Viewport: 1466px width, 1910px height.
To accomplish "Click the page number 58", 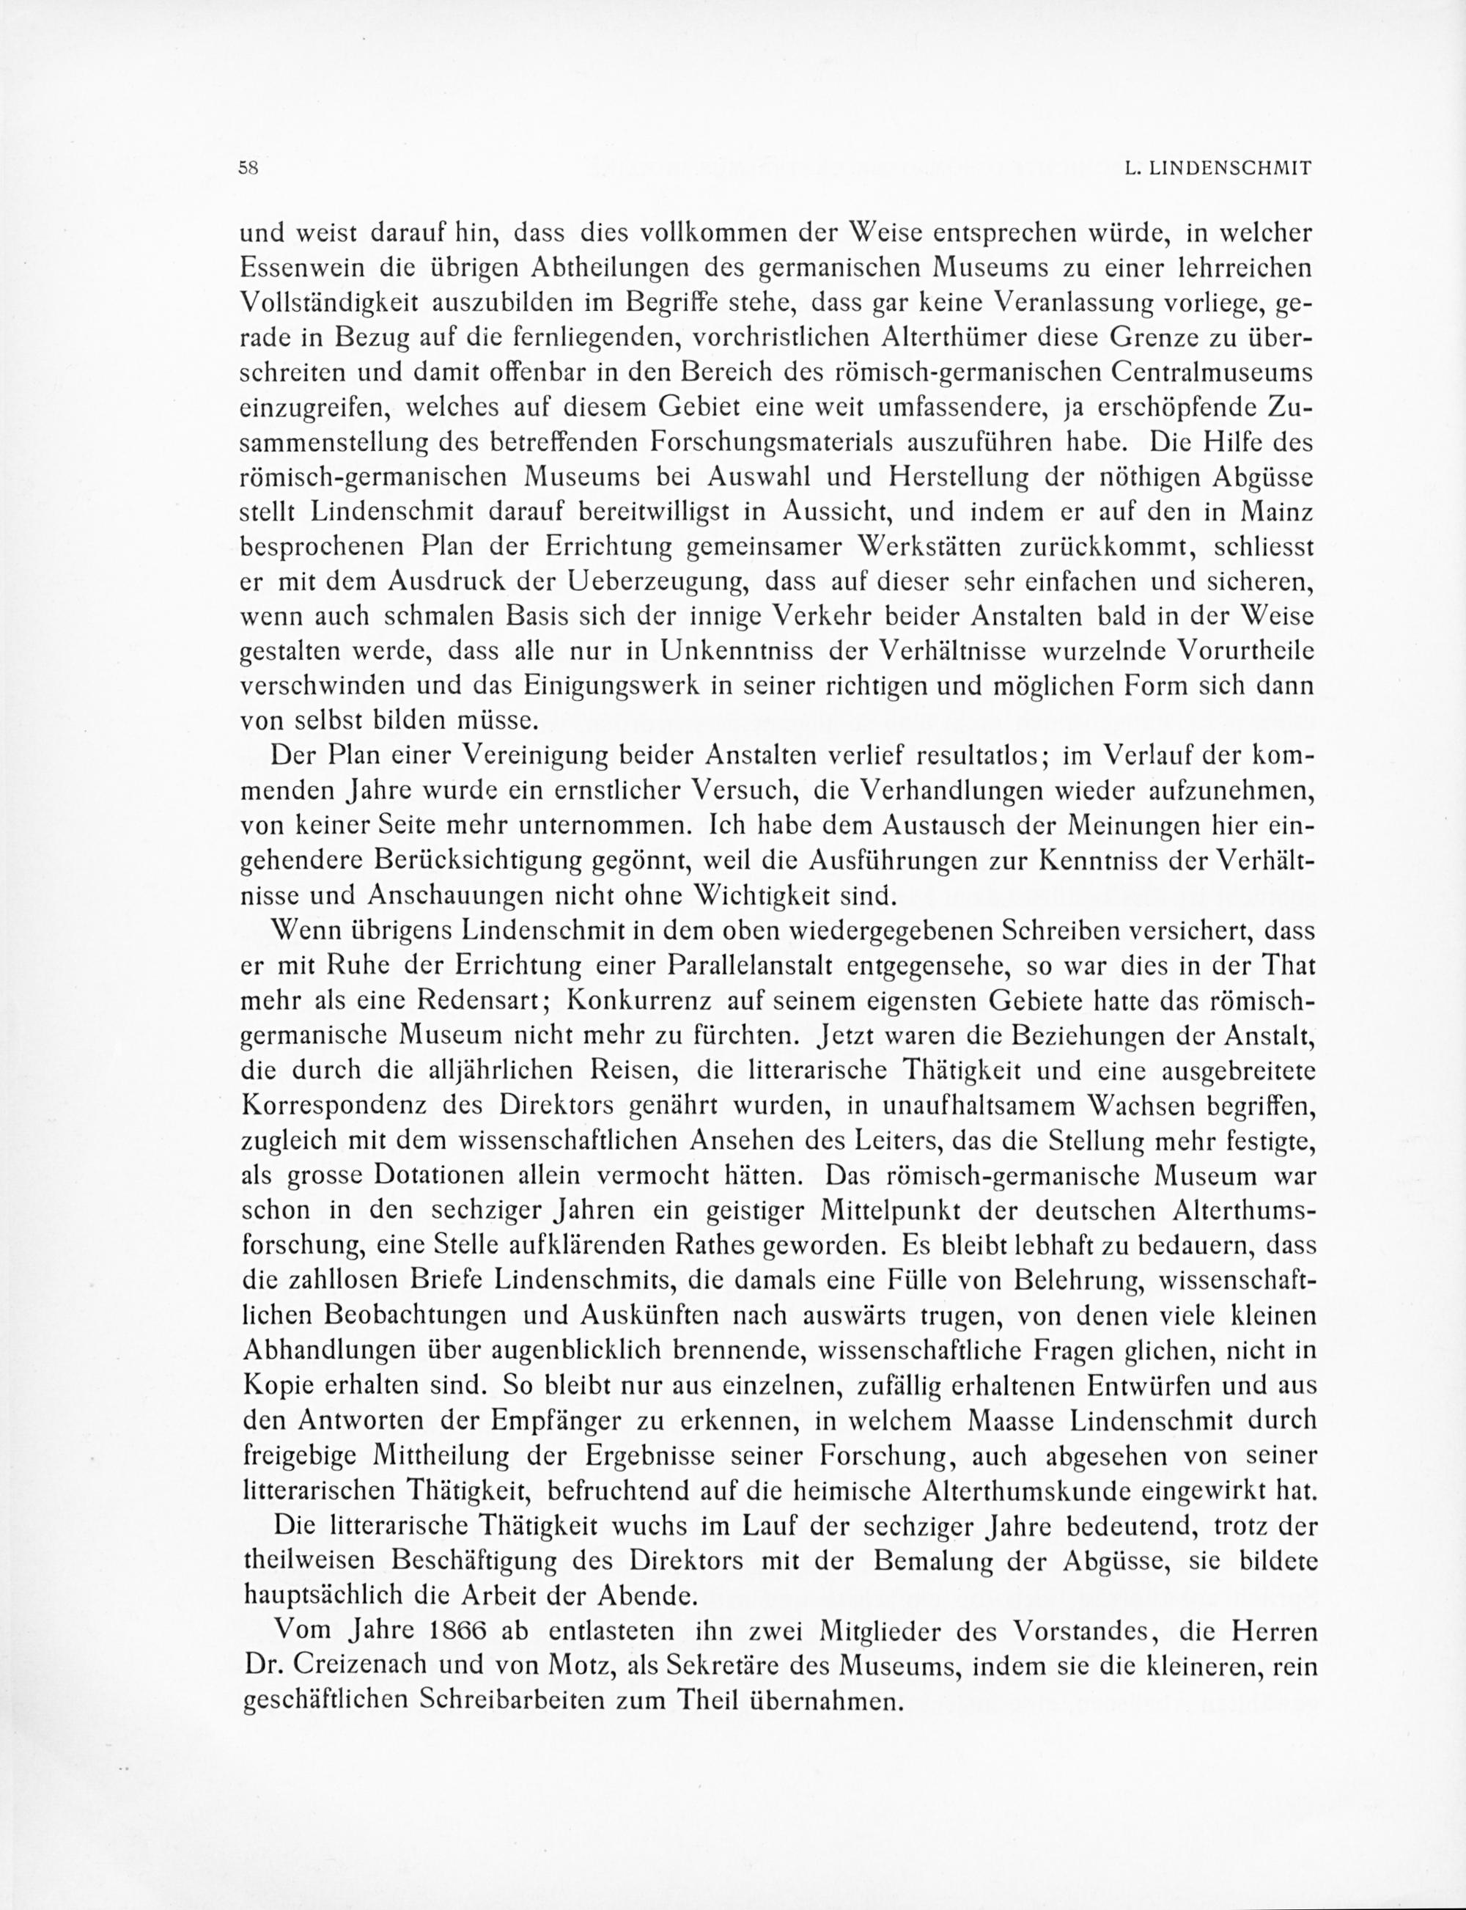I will pos(249,169).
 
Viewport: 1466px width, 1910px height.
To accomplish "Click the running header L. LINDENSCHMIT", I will pos(1218,169).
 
